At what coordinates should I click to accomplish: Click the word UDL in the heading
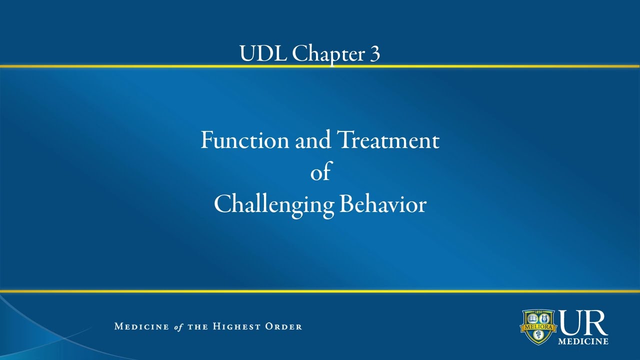[263, 53]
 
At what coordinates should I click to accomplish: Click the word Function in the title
[244, 140]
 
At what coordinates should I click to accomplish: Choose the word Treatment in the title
[388, 140]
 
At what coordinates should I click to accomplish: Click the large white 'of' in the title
[320, 172]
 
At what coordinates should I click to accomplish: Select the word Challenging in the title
[273, 204]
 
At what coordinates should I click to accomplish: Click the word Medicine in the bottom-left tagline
[141, 326]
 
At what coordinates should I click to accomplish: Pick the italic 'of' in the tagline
[178, 327]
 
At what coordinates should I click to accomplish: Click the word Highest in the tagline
[236, 326]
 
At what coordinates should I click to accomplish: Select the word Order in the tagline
[283, 326]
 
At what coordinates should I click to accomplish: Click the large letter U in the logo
[571, 323]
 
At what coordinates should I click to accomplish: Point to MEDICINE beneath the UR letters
[583, 341]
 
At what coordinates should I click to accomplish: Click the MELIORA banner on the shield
[538, 327]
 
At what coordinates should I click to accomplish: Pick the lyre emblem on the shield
[544, 318]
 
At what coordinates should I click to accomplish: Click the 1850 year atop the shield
[538, 311]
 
